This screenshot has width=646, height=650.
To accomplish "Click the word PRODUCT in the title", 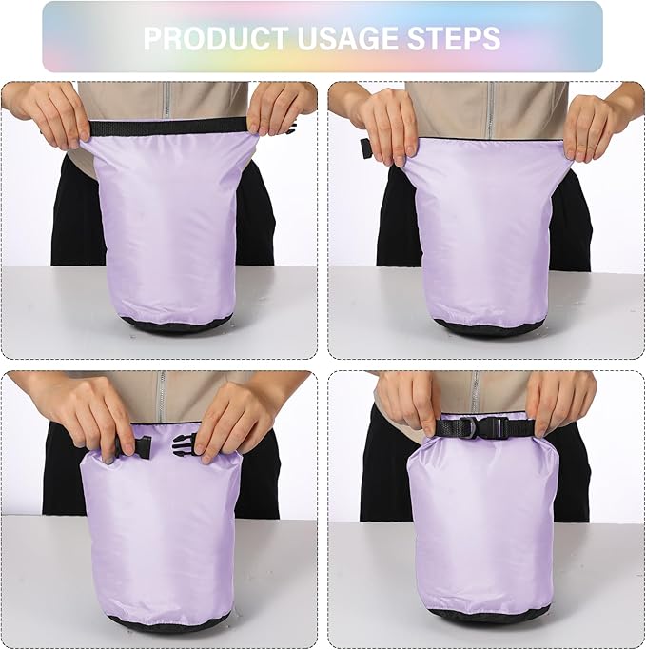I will (217, 38).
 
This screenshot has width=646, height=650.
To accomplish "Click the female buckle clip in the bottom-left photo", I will (184, 443).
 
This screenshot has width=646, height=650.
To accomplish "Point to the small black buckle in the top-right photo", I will (366, 148).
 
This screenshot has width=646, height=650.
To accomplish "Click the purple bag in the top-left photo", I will (171, 228).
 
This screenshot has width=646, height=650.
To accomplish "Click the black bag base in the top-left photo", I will (176, 325).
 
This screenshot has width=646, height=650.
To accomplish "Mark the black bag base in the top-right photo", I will (489, 327).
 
